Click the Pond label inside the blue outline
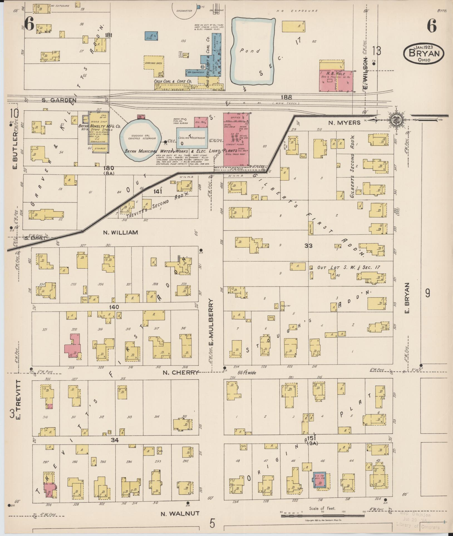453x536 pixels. (x=250, y=51)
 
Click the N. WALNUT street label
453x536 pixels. (x=180, y=513)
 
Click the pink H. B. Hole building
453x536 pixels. (x=336, y=81)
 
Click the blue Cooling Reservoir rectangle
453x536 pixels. (x=192, y=138)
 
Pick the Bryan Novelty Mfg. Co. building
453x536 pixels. (x=98, y=132)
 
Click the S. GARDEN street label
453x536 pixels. (x=59, y=100)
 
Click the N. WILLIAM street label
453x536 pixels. (x=120, y=232)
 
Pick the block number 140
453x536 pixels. (x=114, y=307)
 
